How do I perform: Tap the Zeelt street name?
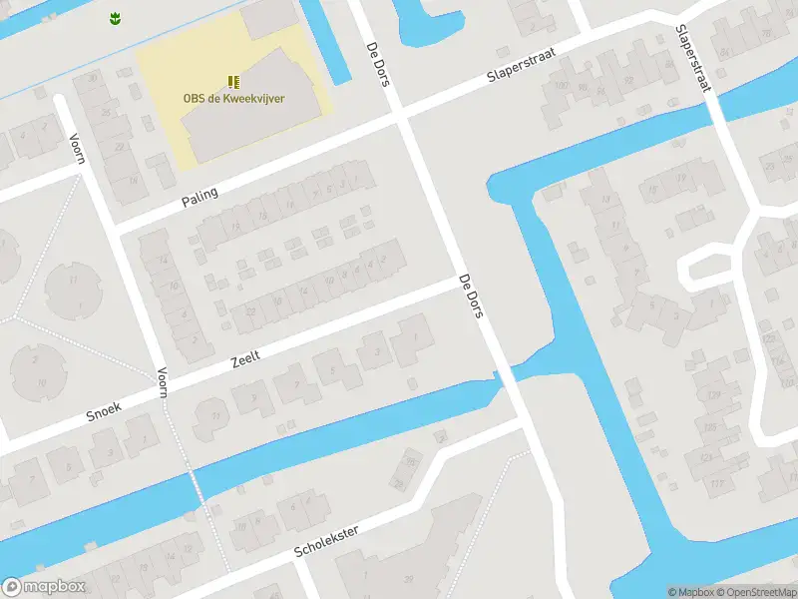pyautogui.click(x=245, y=362)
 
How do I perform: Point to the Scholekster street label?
pyautogui.click(x=326, y=538)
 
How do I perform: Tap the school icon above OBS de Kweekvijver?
pyautogui.click(x=232, y=82)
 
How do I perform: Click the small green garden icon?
pyautogui.click(x=114, y=17)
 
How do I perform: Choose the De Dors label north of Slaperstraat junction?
pyautogui.click(x=377, y=63)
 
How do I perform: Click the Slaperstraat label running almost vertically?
pyautogui.click(x=692, y=59)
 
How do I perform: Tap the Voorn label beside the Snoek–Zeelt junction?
pyautogui.click(x=162, y=383)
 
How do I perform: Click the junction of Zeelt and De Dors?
pyautogui.click(x=461, y=283)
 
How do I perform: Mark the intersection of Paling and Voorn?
pyautogui.click(x=114, y=227)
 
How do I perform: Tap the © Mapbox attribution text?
pyautogui.click(x=690, y=592)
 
